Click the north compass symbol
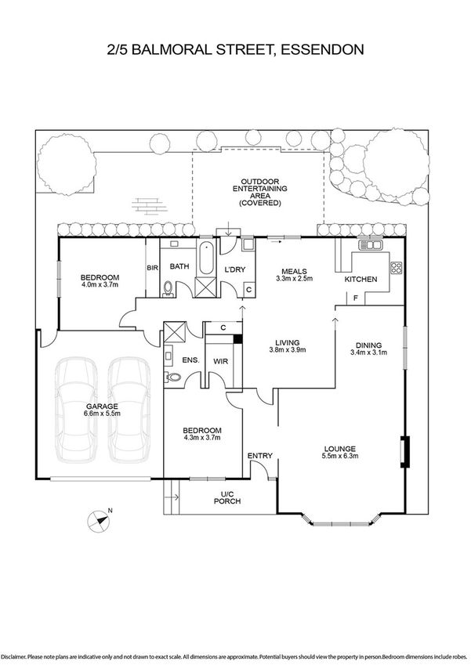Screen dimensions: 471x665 pos(97,517)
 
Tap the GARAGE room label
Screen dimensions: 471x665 pos(102,407)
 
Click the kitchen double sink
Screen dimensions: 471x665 pos(368,246)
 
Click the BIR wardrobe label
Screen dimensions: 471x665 pos(153,267)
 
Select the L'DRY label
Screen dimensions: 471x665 pos(234,270)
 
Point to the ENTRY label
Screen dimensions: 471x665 pos(259,456)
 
